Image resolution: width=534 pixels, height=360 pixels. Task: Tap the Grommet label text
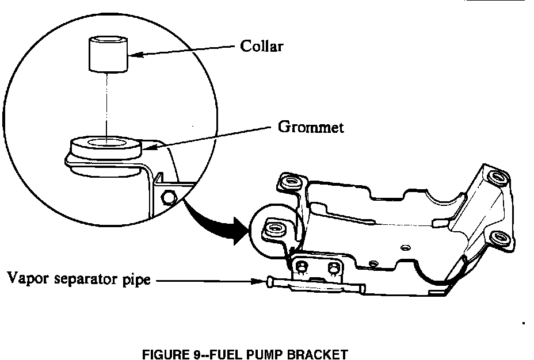[x=311, y=127]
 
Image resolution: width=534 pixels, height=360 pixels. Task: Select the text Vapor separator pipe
[x=79, y=280]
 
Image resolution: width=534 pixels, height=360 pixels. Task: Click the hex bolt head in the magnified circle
[x=169, y=197]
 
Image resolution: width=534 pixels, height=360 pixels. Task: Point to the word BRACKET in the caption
[x=321, y=355]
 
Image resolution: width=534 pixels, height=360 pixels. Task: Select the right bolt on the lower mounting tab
[x=332, y=268]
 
